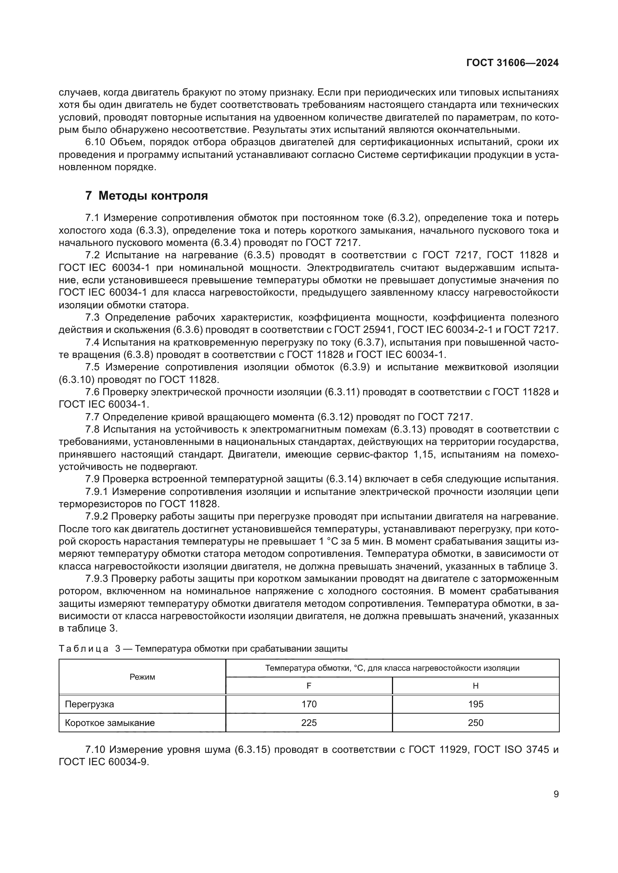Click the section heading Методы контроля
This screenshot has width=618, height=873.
click(153, 196)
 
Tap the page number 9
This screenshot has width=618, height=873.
click(556, 794)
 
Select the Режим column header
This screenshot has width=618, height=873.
click(142, 677)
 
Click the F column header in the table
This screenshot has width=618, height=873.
click(309, 686)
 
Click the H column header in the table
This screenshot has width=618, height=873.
click(475, 686)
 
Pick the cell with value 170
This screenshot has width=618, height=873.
click(309, 704)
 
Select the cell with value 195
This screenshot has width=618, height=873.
click(475, 704)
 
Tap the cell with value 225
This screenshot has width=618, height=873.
click(309, 723)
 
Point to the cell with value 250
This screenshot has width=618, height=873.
click(475, 723)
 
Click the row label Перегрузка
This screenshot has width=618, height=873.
click(89, 704)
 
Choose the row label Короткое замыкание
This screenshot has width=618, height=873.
click(110, 723)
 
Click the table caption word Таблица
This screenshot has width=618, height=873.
click(84, 649)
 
